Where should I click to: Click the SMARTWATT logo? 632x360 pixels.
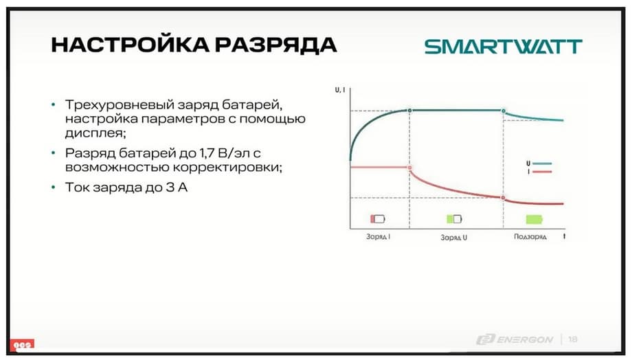pos(503,46)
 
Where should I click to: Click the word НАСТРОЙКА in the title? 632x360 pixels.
pos(131,44)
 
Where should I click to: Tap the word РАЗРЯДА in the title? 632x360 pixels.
pos(275,45)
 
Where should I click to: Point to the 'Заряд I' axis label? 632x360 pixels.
pos(378,236)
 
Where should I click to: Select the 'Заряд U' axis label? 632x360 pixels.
pos(454,238)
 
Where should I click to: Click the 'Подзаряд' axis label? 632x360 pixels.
pos(530,236)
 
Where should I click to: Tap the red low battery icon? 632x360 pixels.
pos(378,219)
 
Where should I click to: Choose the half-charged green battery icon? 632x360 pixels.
pos(454,219)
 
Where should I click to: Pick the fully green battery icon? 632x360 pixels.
pos(534,219)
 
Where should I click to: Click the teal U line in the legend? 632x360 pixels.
pos(542,164)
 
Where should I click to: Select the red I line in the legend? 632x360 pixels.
pos(542,172)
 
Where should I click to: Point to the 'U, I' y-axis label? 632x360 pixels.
pos(340,90)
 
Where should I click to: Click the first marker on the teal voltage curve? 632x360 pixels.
pos(410,111)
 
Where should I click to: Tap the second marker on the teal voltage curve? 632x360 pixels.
pos(504,111)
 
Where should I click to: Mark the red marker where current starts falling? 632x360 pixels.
pos(410,168)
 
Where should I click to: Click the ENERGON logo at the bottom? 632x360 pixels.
pos(515,340)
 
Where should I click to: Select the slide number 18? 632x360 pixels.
pos(573,339)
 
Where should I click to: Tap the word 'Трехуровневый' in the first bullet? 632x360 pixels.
pos(120,105)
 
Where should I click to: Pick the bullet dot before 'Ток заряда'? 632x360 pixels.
pos(53,187)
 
